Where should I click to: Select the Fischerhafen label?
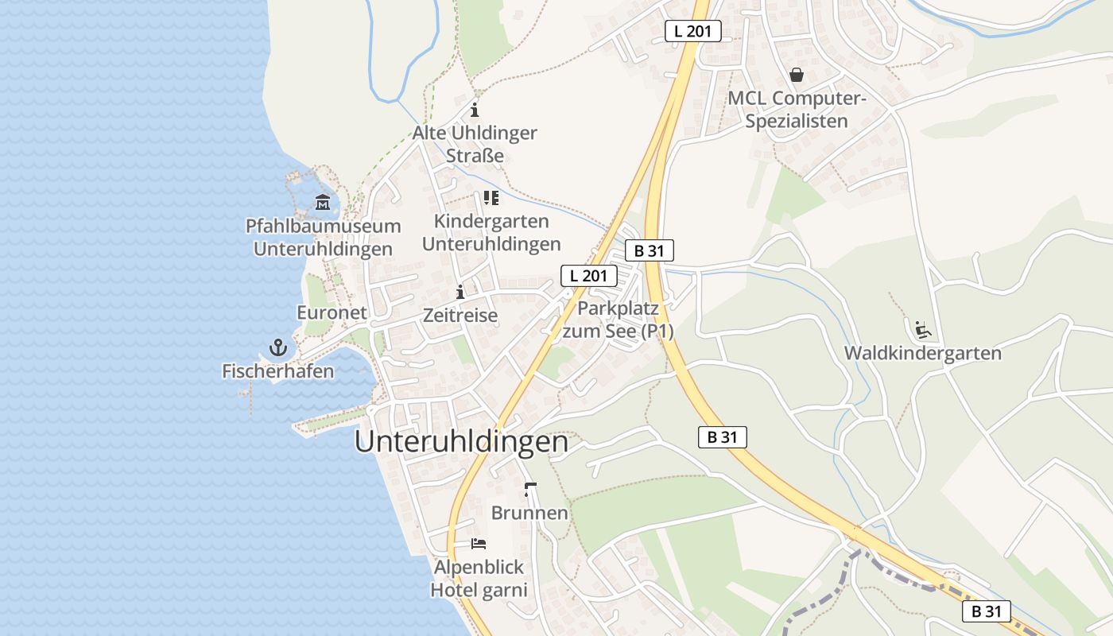coord(277,370)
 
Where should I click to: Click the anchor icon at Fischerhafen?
coord(277,347)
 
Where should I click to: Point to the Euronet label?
coord(332,312)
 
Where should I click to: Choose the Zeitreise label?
coord(460,315)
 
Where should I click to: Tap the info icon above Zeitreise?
coord(460,292)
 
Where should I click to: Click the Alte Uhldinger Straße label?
coord(475,144)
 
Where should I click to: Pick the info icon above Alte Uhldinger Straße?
coord(475,110)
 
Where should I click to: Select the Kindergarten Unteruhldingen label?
coord(491,232)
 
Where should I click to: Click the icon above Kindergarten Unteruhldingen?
coord(491,197)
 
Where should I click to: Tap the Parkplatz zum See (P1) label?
coord(618,320)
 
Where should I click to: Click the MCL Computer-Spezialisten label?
coord(797,110)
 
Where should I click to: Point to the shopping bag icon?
coord(797,75)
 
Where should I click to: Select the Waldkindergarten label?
coord(922,352)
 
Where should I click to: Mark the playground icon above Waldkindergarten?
coord(922,329)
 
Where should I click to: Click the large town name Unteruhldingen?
coord(461,442)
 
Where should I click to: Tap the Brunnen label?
coord(529,513)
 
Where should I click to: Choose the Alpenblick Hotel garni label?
coord(479,578)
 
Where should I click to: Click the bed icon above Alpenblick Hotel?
coord(478,544)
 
